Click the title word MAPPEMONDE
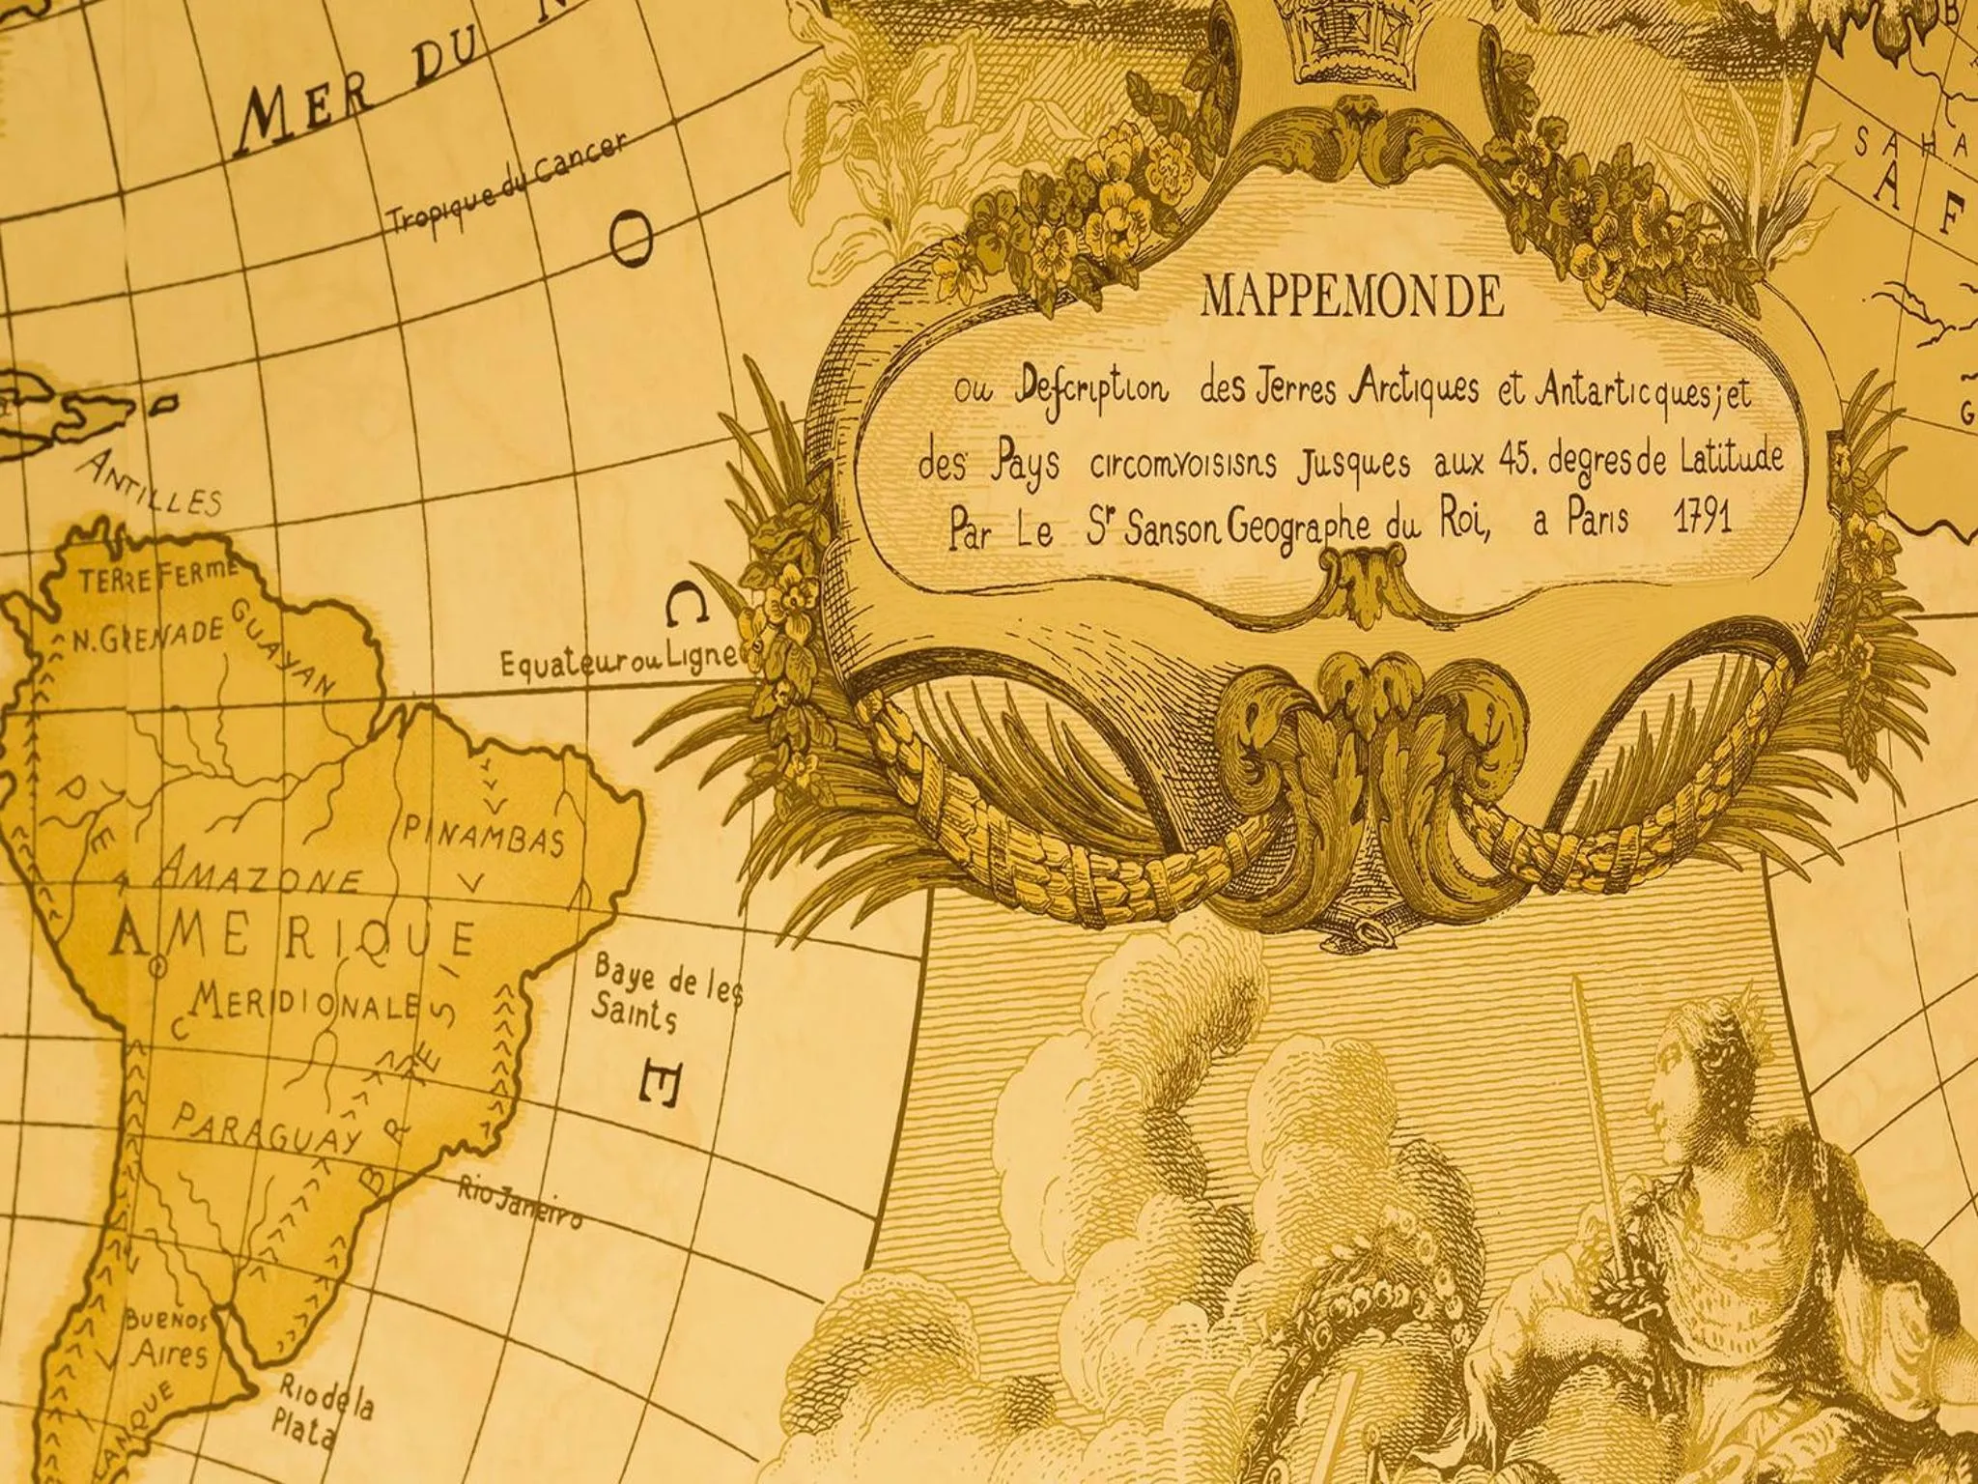(x=1352, y=299)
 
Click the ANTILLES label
(x=149, y=483)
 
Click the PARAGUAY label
(x=267, y=1132)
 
